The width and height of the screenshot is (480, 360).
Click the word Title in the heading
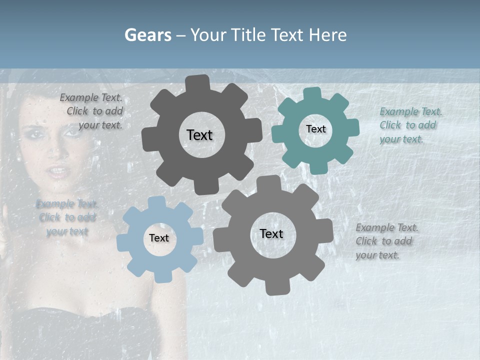(x=248, y=35)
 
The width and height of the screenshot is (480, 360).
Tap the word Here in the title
(x=327, y=35)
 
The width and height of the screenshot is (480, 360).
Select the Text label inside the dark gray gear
(x=199, y=135)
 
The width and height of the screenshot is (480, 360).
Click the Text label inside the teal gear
(x=315, y=129)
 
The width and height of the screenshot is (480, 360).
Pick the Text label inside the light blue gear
(x=159, y=238)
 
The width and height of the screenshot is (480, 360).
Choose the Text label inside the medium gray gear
(x=271, y=234)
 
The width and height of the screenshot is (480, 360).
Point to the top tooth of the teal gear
(x=311, y=93)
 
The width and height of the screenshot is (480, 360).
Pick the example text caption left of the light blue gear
(x=67, y=218)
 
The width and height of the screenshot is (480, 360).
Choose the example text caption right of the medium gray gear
(x=386, y=241)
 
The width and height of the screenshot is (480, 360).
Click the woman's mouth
(x=58, y=172)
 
